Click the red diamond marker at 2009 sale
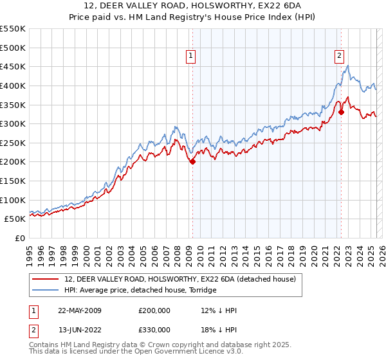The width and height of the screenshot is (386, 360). click(192, 162)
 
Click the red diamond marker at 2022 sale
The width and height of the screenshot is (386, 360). click(342, 112)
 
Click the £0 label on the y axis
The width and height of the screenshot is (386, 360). click(19, 238)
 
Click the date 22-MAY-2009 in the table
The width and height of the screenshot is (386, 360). click(79, 310)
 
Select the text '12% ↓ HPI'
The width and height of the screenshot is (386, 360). click(219, 310)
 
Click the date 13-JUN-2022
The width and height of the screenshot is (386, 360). click(79, 330)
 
